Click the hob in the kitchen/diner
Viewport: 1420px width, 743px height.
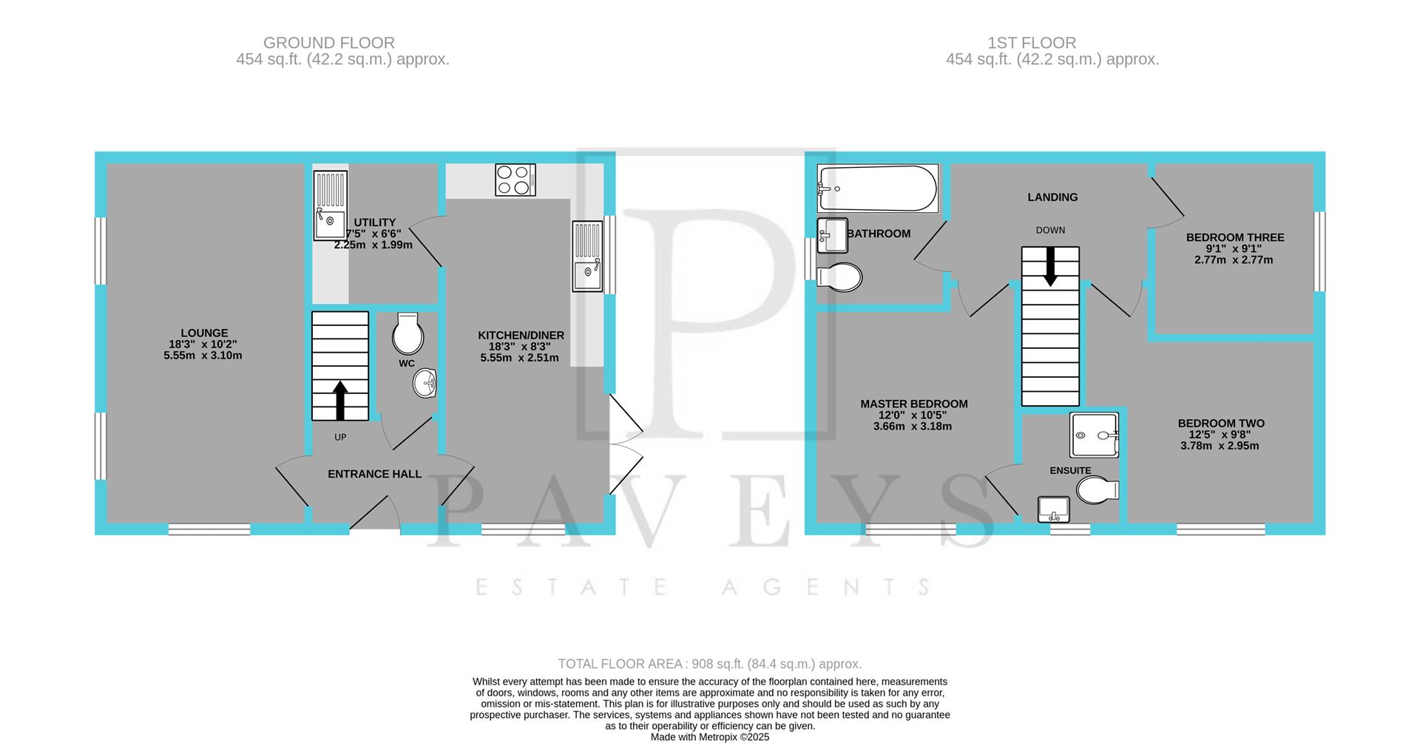515,180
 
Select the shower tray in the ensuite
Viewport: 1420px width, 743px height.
1094,435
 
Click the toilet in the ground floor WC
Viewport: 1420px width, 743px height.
408,334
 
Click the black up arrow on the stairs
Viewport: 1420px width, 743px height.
340,400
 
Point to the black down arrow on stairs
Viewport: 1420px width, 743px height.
1049,267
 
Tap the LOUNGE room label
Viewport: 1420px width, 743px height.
204,333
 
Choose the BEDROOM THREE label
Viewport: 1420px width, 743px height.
1234,237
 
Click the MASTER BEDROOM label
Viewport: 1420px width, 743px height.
913,404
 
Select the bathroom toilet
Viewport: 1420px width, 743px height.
840,278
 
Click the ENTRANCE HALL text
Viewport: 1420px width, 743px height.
374,474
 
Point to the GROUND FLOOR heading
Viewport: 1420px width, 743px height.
329,43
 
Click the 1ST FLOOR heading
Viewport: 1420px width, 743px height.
1052,43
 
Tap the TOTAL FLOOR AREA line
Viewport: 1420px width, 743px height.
709,664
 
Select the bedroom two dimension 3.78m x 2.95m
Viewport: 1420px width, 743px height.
1220,446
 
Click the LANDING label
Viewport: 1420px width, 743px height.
1052,197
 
